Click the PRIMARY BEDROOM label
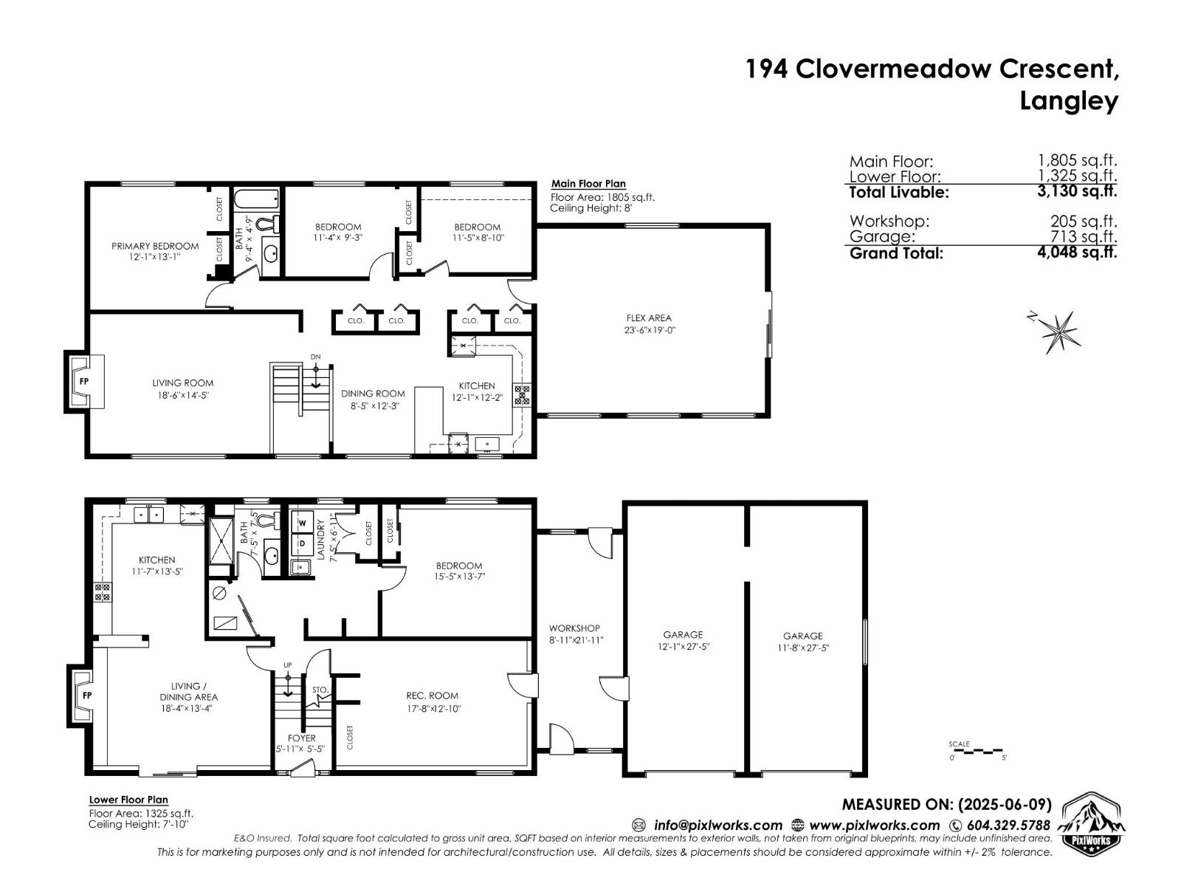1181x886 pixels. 155,246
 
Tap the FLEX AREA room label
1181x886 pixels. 649,318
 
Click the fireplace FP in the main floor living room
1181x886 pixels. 85,382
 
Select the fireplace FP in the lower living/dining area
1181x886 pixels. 86,696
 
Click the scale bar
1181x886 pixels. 978,751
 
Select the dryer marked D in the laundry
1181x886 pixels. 302,544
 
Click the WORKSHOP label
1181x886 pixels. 574,628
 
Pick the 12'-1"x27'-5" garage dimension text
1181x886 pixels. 683,646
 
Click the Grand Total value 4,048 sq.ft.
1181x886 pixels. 1077,253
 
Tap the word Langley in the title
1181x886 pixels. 1069,100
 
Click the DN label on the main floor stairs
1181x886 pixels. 316,357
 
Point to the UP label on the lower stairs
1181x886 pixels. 288,665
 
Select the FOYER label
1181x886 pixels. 301,738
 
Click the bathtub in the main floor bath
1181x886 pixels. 256,199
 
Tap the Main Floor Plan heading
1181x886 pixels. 588,184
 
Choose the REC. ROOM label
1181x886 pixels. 432,696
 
